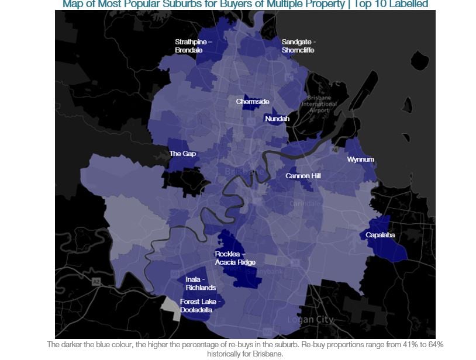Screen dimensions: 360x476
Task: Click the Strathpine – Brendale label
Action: tap(193, 46)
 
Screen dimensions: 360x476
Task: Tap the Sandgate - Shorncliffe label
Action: tap(298, 46)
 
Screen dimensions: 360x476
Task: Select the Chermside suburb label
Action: tap(253, 102)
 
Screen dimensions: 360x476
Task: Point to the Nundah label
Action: tap(277, 119)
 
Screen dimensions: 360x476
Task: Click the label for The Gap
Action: tap(182, 154)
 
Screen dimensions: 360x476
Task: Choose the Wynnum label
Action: tap(360, 160)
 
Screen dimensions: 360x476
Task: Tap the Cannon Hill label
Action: tap(303, 176)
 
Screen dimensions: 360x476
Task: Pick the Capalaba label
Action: tap(380, 235)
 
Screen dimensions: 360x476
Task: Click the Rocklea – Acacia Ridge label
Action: tap(235, 258)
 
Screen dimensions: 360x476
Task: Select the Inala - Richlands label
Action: tap(201, 283)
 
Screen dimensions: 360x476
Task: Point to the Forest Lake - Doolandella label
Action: tap(201, 306)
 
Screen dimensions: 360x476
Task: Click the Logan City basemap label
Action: tap(310, 320)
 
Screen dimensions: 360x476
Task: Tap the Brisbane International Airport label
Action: tap(319, 103)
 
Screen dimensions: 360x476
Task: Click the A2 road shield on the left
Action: tap(95, 282)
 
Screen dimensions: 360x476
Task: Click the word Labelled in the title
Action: tap(408, 4)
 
